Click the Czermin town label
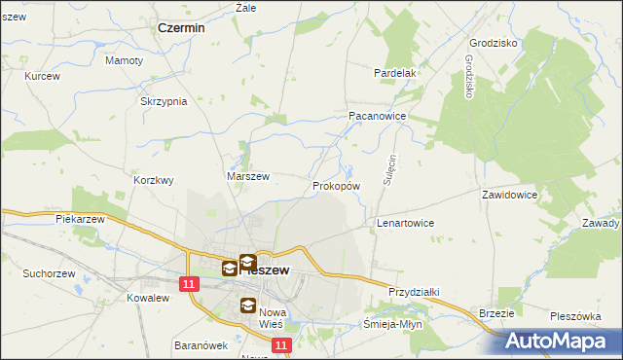[x=181, y=28]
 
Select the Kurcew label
[x=43, y=76]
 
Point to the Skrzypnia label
[x=164, y=102]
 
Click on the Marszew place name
[x=247, y=176]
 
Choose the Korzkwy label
[x=154, y=180]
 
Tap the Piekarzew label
[x=80, y=219]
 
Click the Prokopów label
[x=337, y=185]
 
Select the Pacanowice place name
[x=377, y=115]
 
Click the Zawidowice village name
[x=510, y=195]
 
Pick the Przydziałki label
[x=415, y=291]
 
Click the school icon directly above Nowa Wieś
[x=247, y=307]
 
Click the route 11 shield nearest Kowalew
[x=190, y=283]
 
